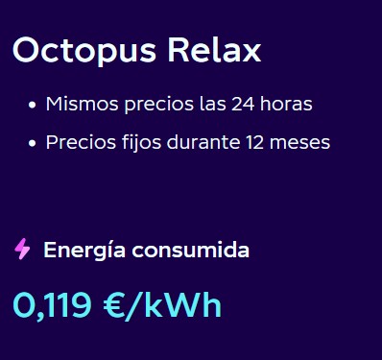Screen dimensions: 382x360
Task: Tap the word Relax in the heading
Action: point(214,50)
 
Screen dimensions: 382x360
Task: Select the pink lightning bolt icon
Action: point(22,249)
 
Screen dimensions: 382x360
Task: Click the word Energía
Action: point(84,251)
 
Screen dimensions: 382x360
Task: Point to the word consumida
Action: point(191,250)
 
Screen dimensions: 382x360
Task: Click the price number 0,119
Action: point(52,305)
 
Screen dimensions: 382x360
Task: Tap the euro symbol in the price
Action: point(113,305)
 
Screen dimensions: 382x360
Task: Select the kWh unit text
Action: point(182,304)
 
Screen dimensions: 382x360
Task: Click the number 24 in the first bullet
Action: point(243,104)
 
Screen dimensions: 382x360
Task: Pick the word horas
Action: point(286,104)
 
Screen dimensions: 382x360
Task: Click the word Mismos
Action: point(83,104)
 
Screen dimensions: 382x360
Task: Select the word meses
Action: point(299,143)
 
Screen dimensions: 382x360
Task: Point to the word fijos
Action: point(141,143)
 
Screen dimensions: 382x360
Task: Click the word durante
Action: point(203,142)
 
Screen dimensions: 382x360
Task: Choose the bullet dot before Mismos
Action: point(32,105)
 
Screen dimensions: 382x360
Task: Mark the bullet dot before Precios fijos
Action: point(32,143)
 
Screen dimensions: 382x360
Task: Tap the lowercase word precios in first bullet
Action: point(159,105)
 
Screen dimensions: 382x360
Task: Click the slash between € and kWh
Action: point(133,305)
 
